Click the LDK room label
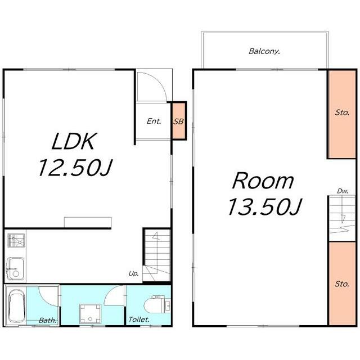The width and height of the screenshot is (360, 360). coord(73,141)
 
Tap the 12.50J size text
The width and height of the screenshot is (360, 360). coord(75,168)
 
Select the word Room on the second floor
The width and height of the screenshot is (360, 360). coord(263,181)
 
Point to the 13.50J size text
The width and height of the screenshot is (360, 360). coord(264,207)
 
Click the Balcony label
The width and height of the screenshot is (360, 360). coord(264,51)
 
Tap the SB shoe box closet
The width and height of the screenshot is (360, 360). coord(179,121)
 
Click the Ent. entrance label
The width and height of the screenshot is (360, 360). coord(154,121)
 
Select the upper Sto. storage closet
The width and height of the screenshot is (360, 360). coord(341,114)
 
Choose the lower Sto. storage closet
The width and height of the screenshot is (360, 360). coord(342,283)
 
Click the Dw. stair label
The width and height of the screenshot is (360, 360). coord(343,191)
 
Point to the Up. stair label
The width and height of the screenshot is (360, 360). coord(134,274)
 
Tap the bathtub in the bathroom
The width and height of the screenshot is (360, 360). coord(16,306)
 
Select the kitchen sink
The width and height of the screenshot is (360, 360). coord(15,269)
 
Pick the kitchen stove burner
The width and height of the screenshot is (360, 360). coord(16,240)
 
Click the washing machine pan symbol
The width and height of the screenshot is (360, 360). coord(90,313)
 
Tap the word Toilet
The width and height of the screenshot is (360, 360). coord(139,319)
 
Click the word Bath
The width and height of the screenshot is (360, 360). coord(47,320)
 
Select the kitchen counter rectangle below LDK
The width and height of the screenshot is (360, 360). coord(88,222)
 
